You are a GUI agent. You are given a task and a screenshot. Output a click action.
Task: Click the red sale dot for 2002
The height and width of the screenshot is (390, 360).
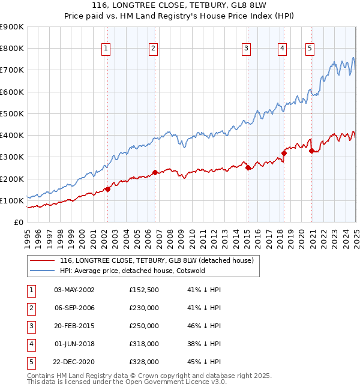point(107,189)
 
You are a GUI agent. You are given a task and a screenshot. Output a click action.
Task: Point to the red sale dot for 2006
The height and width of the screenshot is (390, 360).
point(155,172)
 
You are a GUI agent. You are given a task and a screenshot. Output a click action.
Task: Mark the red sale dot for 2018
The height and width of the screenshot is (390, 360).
point(284,153)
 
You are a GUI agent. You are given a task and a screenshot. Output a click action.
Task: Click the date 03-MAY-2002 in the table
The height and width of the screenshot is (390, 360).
point(74,290)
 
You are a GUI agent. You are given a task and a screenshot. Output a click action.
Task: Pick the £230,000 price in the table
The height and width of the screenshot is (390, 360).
point(144,308)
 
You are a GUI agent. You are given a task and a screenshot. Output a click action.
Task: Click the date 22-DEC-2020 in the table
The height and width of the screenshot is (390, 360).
point(74,362)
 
